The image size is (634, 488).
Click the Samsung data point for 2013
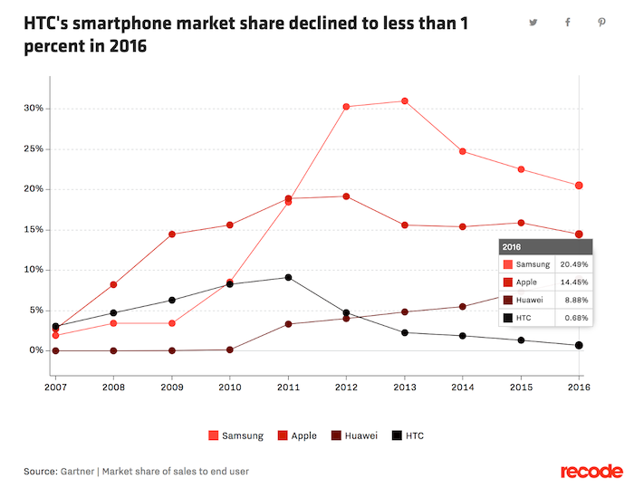[405, 101]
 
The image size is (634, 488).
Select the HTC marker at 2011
[288, 277]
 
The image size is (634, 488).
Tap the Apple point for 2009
[172, 234]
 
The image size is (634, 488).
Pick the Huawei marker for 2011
[288, 324]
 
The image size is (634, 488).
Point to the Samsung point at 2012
[347, 107]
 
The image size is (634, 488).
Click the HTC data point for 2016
[579, 345]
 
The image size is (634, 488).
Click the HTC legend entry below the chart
[408, 435]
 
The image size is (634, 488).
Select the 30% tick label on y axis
[34, 109]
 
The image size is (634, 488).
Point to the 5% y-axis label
[37, 310]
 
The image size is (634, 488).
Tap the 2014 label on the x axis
[463, 388]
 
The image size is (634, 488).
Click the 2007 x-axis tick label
[56, 388]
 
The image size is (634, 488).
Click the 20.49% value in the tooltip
[574, 264]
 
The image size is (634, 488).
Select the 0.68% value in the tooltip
[574, 318]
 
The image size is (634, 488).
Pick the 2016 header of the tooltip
[512, 246]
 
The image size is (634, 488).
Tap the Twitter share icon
[533, 23]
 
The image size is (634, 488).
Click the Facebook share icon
[567, 23]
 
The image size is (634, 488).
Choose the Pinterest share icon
[600, 23]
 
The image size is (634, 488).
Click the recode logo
[591, 471]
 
